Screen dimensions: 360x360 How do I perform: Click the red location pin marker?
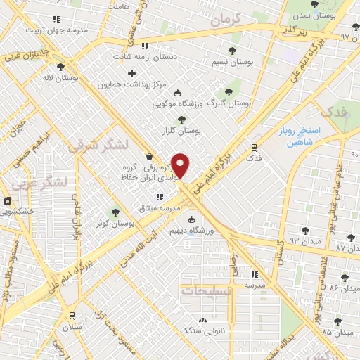click(x=181, y=166)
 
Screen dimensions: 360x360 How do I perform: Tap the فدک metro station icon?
click(x=254, y=148)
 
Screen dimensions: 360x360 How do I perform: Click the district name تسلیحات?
click(x=205, y=289)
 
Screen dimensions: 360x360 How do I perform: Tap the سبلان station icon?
click(x=72, y=316)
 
